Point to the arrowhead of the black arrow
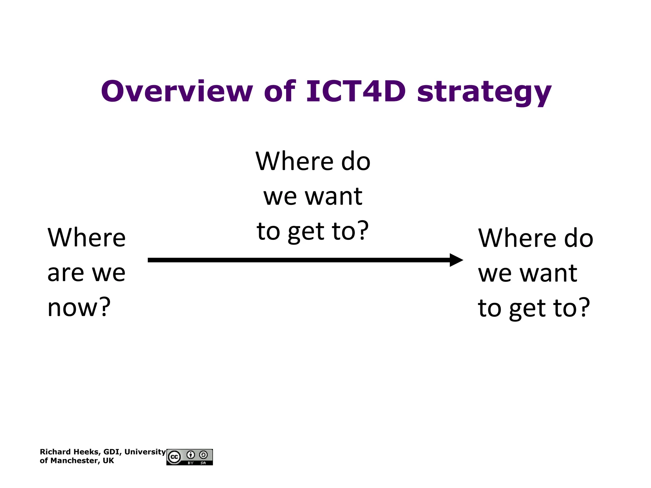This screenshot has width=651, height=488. pyautogui.click(x=456, y=260)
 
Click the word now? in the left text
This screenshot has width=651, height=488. pyautogui.click(x=79, y=308)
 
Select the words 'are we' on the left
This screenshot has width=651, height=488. pyautogui.click(x=86, y=273)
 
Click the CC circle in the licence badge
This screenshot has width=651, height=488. pyautogui.click(x=174, y=457)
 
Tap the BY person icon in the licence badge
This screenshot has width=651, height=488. pyautogui.click(x=191, y=455)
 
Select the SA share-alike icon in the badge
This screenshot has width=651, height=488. pyautogui.click(x=203, y=455)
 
